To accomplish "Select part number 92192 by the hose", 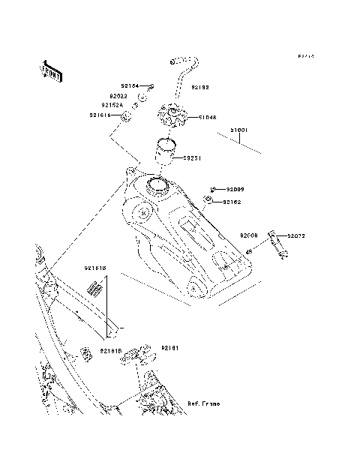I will pyautogui.click(x=200, y=88).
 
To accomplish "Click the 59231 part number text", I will pyautogui.click(x=192, y=158).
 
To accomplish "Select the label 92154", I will pyautogui.click(x=130, y=86).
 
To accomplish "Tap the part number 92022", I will pyautogui.click(x=118, y=96).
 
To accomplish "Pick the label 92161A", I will pyautogui.click(x=100, y=115).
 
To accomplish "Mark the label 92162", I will pyautogui.click(x=231, y=202).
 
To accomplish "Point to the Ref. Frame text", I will pyautogui.click(x=203, y=403).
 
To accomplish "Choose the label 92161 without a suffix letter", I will pyautogui.click(x=169, y=348).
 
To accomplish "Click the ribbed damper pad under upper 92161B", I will pyautogui.click(x=94, y=287).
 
